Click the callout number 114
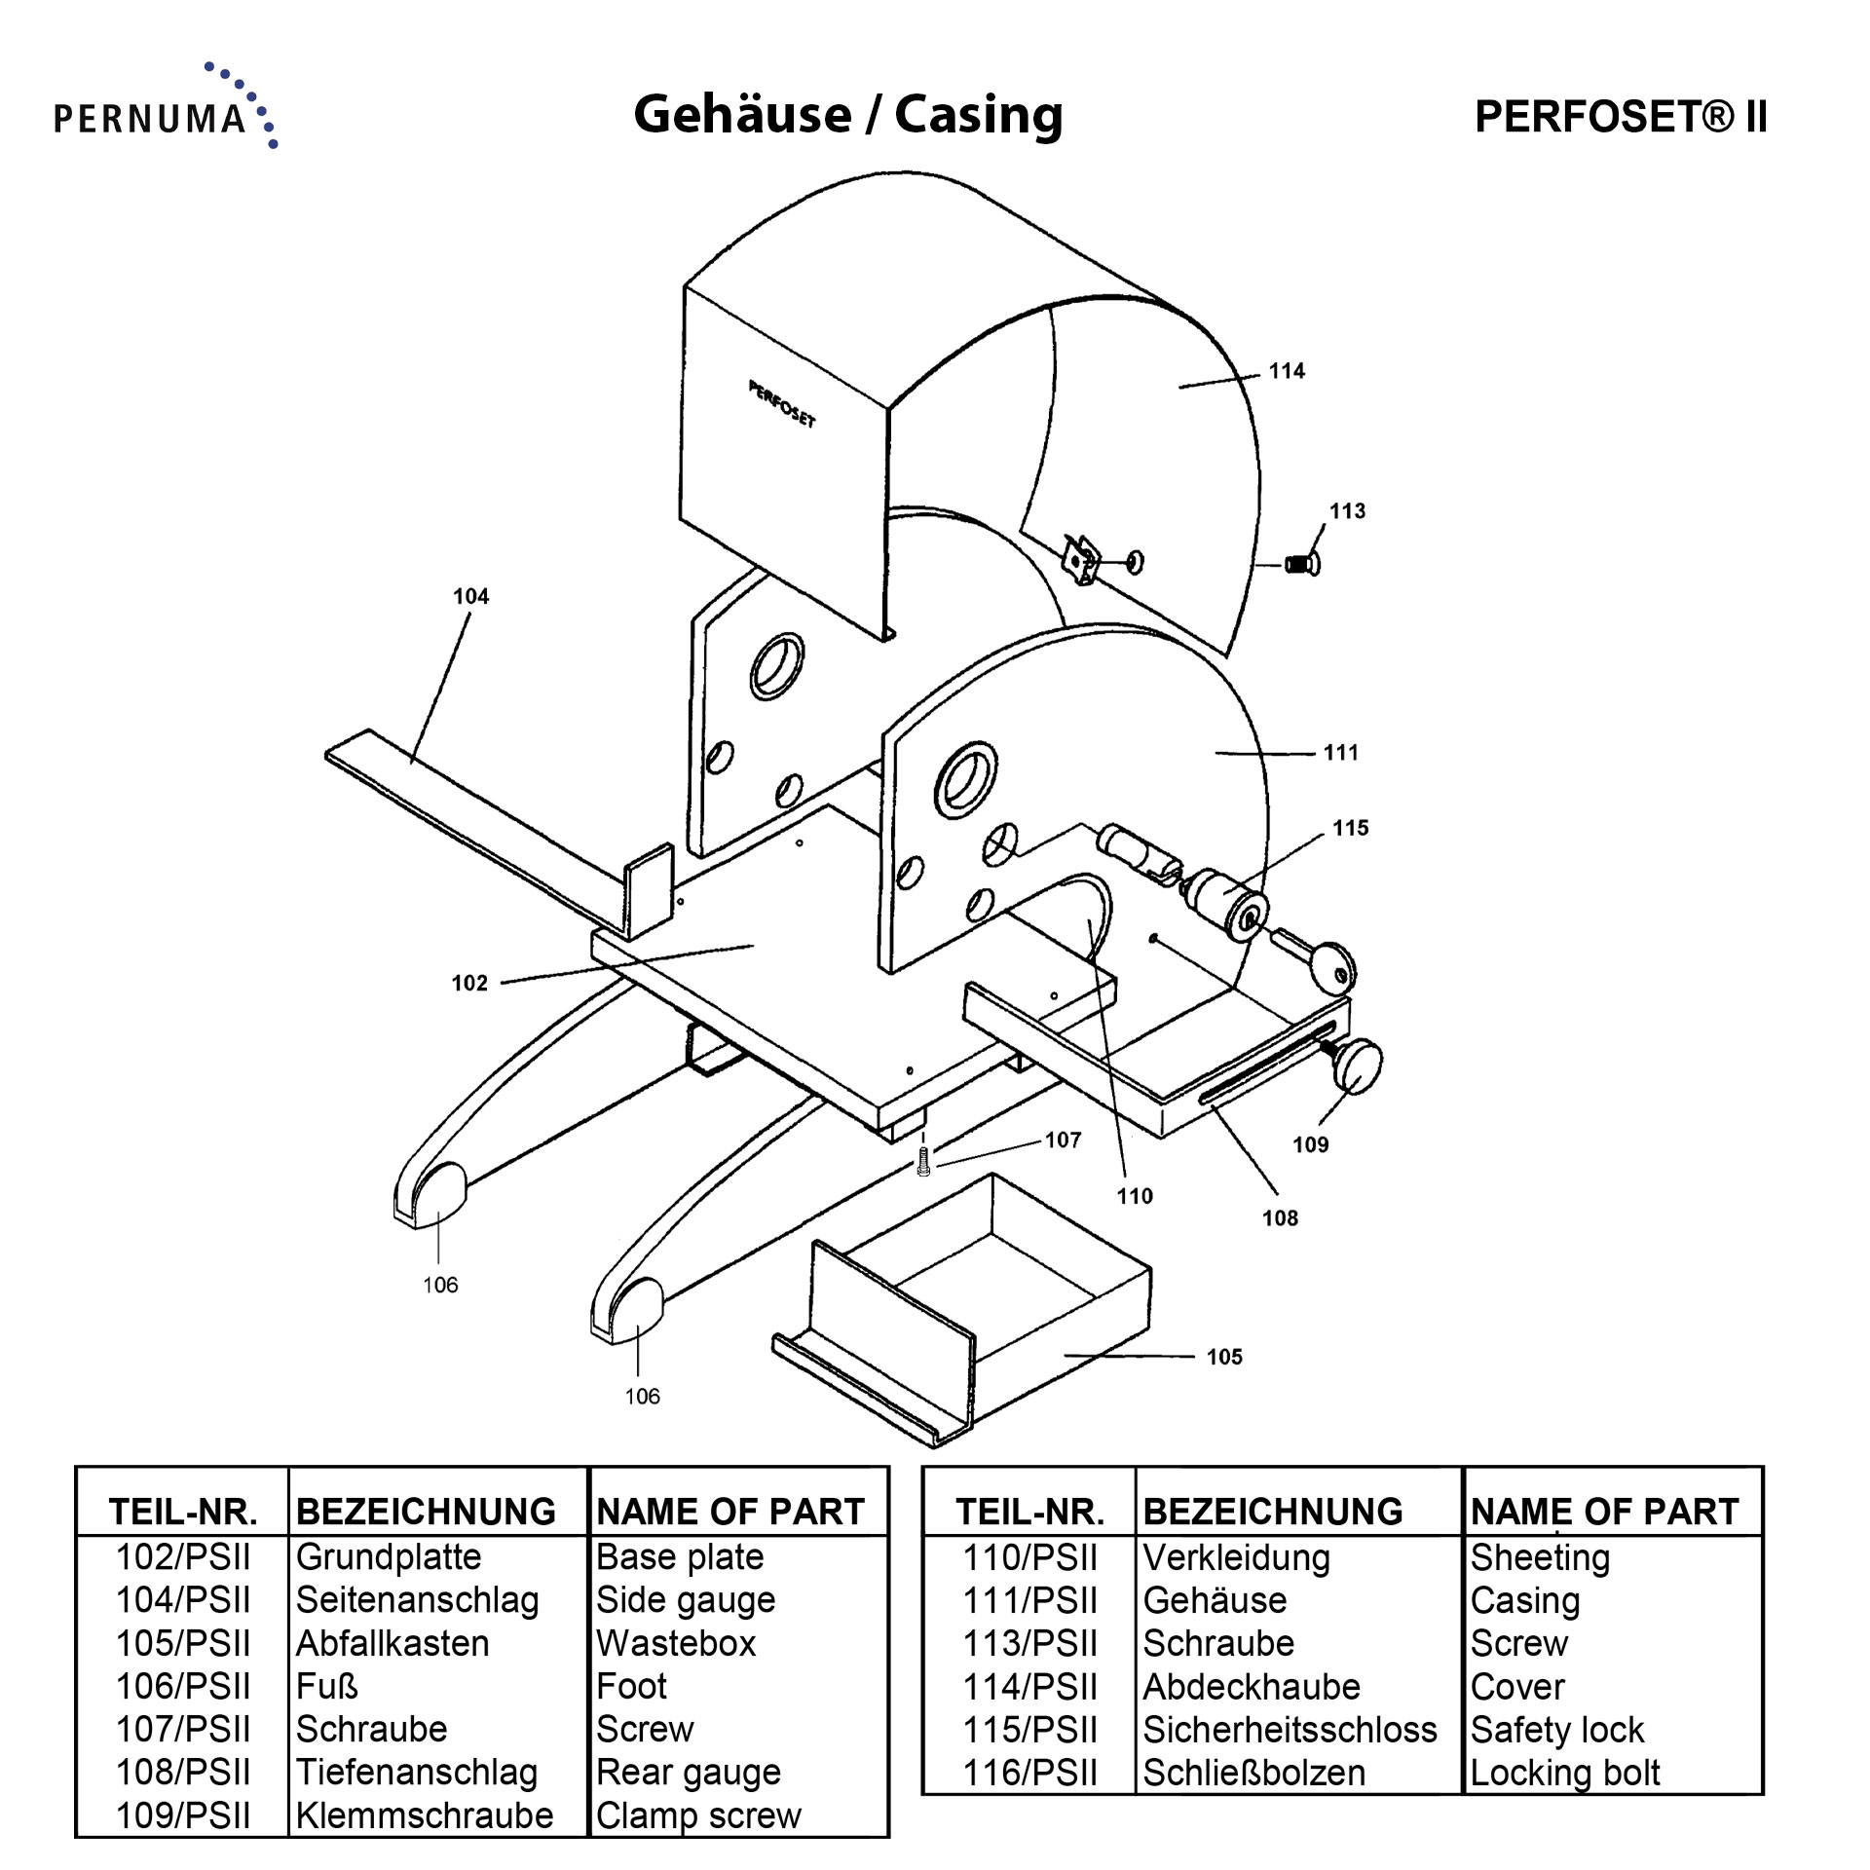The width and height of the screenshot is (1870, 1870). tap(1286, 371)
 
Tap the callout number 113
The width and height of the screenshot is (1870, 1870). tap(1347, 511)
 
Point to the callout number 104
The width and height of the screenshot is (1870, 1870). tap(470, 597)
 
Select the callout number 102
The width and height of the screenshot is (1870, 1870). tap(468, 983)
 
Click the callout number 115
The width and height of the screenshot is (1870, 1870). tap(1350, 828)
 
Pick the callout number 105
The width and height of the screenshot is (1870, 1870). tap(1224, 1357)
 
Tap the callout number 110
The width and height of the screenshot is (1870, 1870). tap(1134, 1196)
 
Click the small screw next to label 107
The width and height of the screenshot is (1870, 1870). tap(923, 1162)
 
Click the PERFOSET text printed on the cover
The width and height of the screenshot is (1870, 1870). tap(782, 404)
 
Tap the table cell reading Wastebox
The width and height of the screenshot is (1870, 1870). tap(676, 1643)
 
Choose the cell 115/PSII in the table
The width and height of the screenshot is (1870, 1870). tap(1029, 1730)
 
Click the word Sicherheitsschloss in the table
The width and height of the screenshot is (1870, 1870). tap(1290, 1730)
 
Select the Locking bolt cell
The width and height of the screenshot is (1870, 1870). tap(1564, 1773)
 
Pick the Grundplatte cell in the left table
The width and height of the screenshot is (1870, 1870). tap(389, 1556)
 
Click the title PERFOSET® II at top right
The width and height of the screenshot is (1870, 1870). tap(1620, 117)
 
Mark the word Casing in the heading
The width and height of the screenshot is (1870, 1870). tap(978, 114)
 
